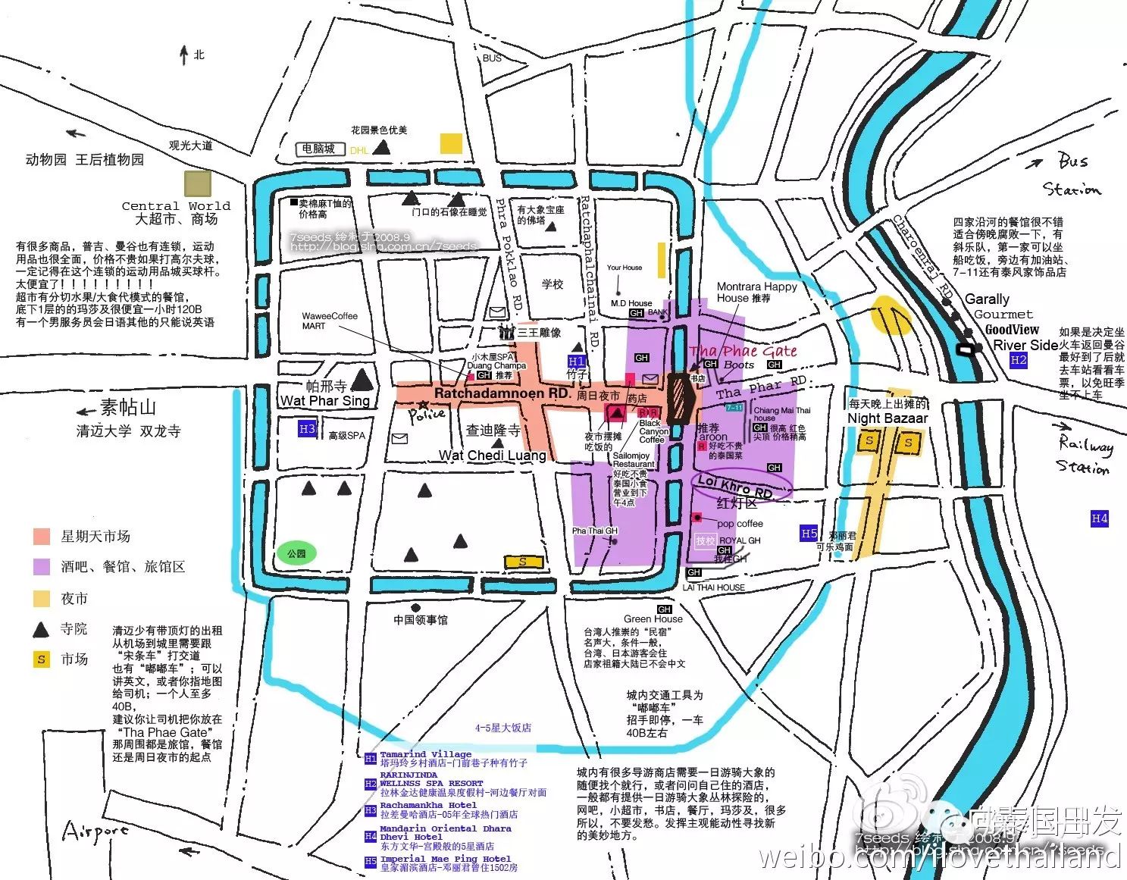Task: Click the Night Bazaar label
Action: pyautogui.click(x=887, y=418)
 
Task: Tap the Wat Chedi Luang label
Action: pyautogui.click(x=493, y=456)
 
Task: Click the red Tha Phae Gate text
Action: pyautogui.click(x=743, y=351)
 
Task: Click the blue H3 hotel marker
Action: pyautogui.click(x=306, y=429)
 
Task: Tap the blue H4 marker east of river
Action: pyautogui.click(x=1099, y=518)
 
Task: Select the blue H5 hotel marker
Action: pyautogui.click(x=809, y=534)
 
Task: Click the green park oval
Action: pyautogui.click(x=296, y=553)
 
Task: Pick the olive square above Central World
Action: pyautogui.click(x=198, y=183)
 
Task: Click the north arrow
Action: pyautogui.click(x=183, y=55)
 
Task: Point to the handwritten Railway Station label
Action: pyautogui.click(x=1085, y=456)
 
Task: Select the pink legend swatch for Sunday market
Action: pyautogui.click(x=42, y=537)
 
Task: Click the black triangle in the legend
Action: pyautogui.click(x=41, y=629)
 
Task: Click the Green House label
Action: pyautogui.click(x=653, y=619)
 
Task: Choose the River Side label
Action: pyautogui.click(x=1025, y=345)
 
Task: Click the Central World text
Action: pyautogui.click(x=176, y=206)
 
